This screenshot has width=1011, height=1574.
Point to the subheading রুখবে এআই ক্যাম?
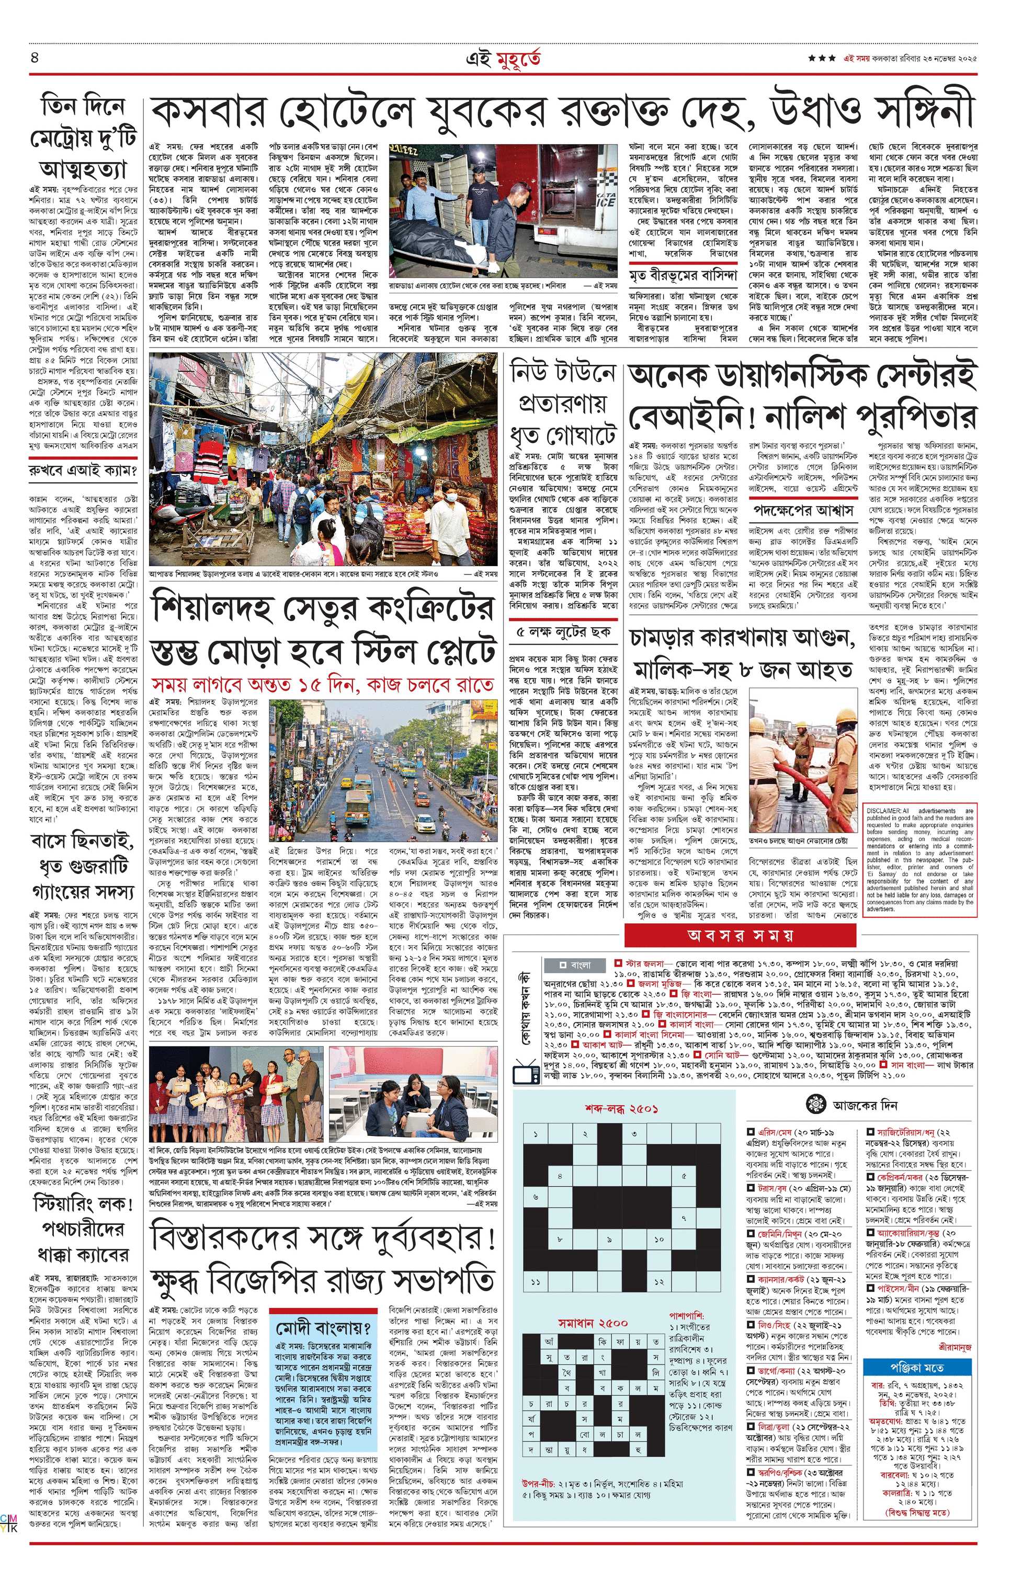pos(83,471)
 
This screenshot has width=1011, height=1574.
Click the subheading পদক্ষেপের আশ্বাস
pos(803,510)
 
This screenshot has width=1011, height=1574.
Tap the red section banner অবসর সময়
pos(740,935)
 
